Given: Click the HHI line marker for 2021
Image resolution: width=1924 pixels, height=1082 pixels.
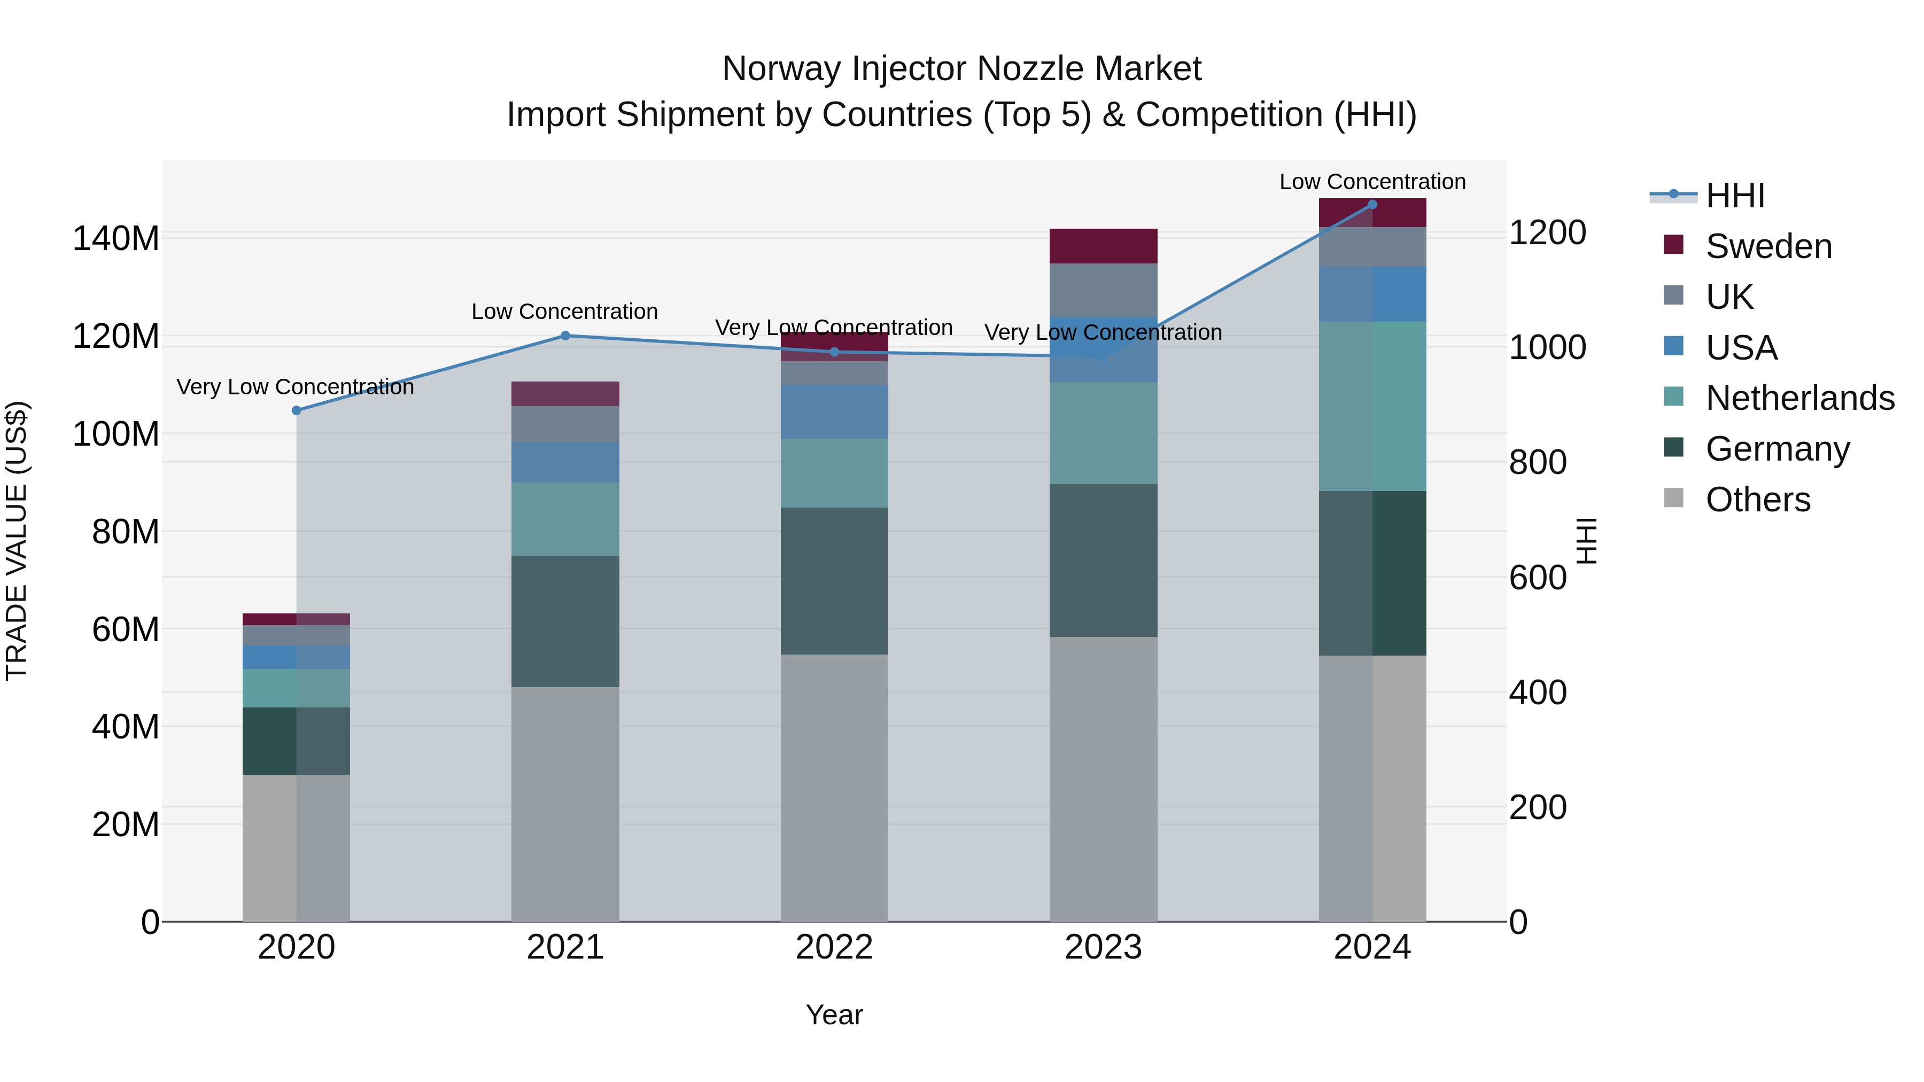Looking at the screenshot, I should [565, 336].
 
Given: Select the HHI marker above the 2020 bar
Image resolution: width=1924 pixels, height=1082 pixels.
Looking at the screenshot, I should [297, 411].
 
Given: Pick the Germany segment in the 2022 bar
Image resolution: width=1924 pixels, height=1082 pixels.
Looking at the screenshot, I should [834, 581].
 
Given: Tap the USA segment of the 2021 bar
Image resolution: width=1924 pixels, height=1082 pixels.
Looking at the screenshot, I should [565, 462].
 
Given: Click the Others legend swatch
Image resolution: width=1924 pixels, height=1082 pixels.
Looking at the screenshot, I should [1674, 498].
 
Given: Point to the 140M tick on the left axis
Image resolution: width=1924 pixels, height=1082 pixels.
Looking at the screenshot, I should [116, 239].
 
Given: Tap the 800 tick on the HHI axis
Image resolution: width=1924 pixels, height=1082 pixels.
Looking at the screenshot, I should [1538, 462].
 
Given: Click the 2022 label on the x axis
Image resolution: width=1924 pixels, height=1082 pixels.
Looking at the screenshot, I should [834, 947].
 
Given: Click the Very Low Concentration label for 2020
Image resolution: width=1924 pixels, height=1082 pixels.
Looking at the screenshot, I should [295, 387].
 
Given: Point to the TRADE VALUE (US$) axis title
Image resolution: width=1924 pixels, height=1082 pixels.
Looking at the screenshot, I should [17, 541].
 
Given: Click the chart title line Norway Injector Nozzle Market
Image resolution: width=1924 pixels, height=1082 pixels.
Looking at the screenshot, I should [961, 69].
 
